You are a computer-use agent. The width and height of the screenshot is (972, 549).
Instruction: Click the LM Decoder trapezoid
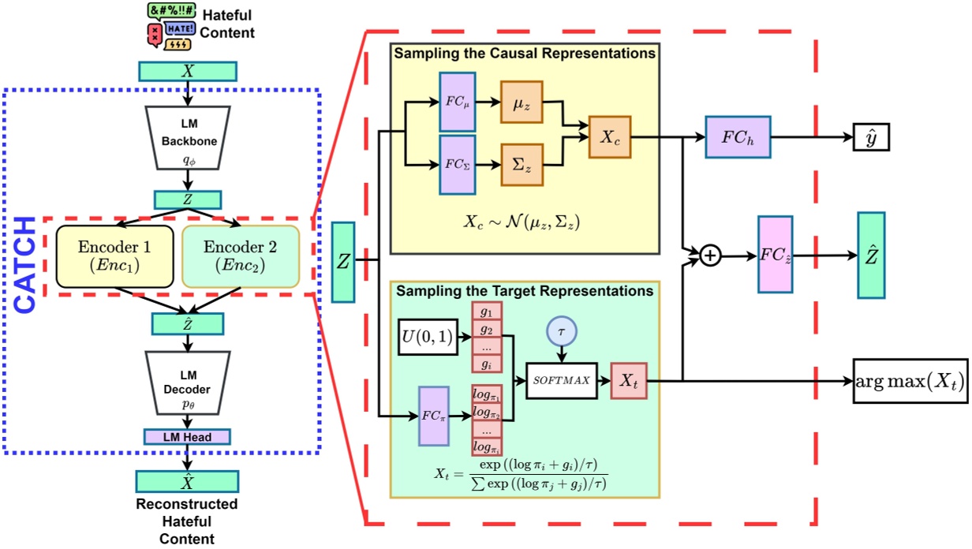tap(188, 387)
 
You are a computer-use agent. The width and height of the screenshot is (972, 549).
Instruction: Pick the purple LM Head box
tap(188, 436)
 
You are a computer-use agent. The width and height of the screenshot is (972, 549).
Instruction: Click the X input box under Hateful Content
tap(188, 71)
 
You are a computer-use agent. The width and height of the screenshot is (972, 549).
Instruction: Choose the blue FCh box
tap(737, 136)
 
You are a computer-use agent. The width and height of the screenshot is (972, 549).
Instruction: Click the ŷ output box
tap(871, 136)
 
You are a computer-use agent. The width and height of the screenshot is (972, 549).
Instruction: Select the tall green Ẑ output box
tap(870, 256)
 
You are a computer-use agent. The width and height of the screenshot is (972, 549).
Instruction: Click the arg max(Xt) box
tap(910, 383)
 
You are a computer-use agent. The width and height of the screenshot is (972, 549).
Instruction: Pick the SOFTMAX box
tap(562, 380)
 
